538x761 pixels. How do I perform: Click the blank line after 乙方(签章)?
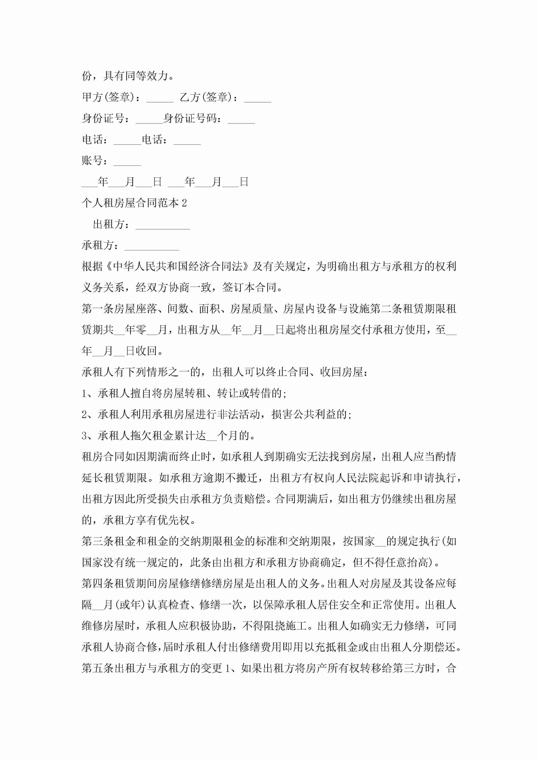(x=257, y=100)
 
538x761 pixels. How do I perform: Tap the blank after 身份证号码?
(x=241, y=121)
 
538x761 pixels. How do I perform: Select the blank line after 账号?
(x=127, y=163)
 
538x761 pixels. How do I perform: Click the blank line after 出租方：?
(x=162, y=227)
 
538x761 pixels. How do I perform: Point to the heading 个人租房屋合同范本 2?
(x=134, y=203)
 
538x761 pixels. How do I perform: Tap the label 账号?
(x=92, y=161)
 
